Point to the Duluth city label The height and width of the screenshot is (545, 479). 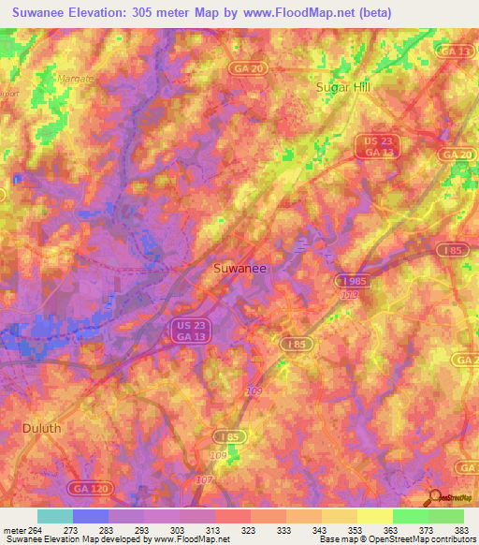40,427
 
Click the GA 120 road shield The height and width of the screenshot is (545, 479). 87,489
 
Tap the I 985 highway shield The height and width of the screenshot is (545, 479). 352,280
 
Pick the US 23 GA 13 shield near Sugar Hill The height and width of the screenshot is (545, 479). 369,146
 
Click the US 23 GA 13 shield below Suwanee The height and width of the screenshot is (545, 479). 192,329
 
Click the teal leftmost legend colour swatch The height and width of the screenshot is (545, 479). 54,516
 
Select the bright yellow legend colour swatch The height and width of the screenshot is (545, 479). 374,516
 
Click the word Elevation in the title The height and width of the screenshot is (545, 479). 109,12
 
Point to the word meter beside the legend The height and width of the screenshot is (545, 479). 11,530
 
